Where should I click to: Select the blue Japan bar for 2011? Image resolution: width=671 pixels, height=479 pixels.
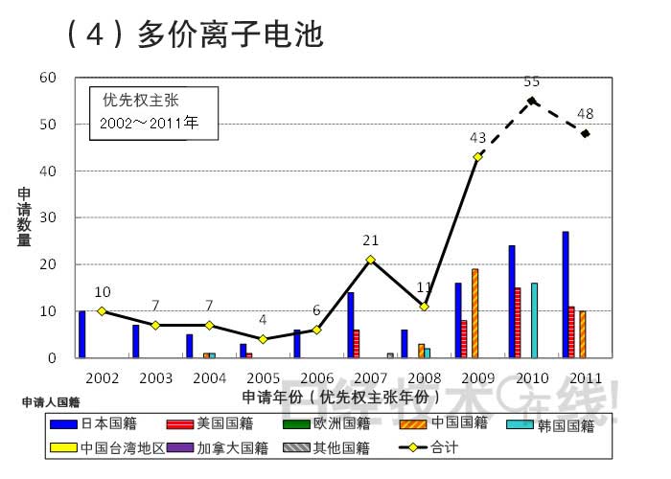[x=566, y=295]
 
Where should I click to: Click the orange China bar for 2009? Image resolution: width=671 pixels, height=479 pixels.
[x=474, y=313]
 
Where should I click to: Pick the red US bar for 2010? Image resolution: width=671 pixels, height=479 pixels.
[x=518, y=323]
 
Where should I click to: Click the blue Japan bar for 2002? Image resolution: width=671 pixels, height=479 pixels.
[x=82, y=334]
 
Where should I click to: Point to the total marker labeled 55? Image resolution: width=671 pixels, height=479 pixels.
[x=531, y=101]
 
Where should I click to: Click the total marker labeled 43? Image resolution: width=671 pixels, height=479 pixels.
[x=477, y=157]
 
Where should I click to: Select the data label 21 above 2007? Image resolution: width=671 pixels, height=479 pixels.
[x=370, y=240]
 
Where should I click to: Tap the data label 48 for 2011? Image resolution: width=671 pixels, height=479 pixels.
[x=585, y=114]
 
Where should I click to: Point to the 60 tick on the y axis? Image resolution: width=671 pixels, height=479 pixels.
[x=48, y=78]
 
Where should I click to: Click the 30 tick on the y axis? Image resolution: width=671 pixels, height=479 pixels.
[x=48, y=217]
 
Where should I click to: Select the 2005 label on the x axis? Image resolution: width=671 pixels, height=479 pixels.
[x=263, y=377]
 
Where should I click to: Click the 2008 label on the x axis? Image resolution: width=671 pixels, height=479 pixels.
[x=424, y=377]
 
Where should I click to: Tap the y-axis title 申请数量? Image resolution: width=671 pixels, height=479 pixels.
[x=25, y=217]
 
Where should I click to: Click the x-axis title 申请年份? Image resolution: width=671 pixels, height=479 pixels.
[x=340, y=397]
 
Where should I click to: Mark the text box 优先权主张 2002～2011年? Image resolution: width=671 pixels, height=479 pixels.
[x=153, y=112]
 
